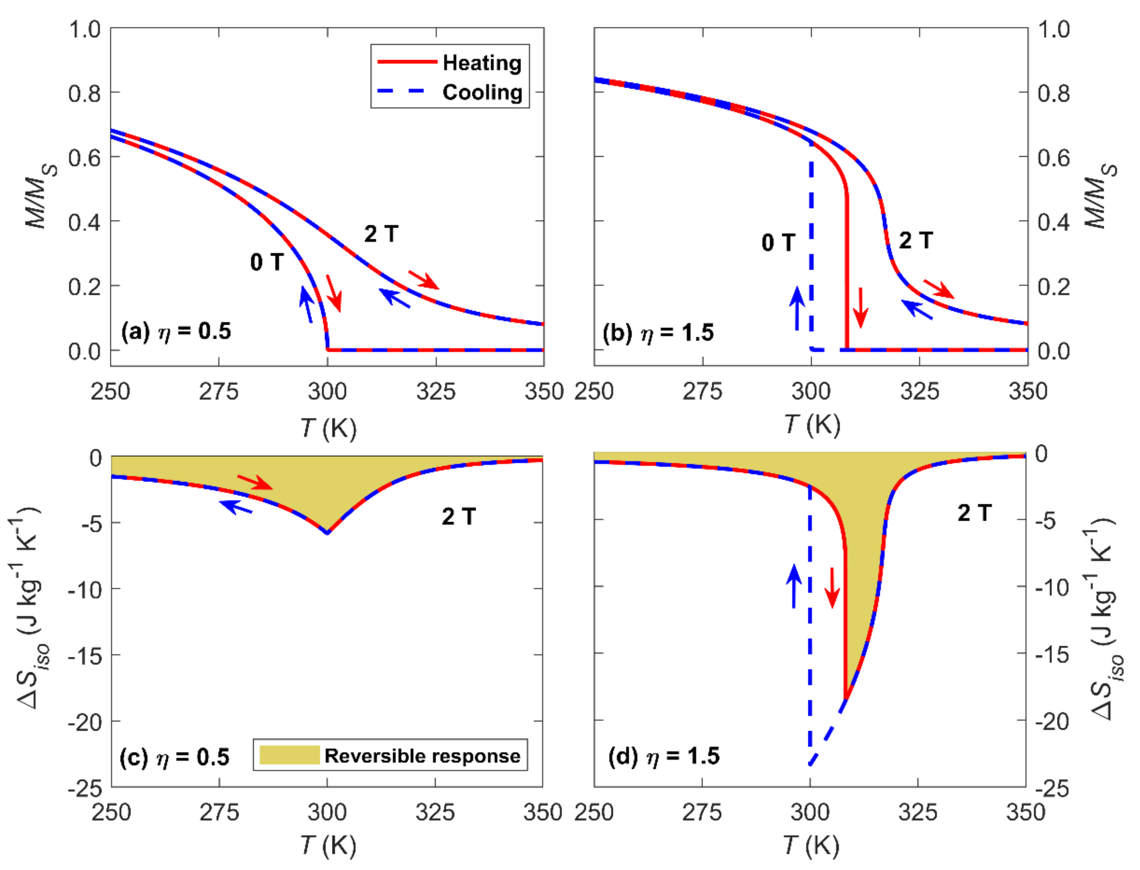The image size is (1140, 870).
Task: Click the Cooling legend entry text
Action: click(x=482, y=92)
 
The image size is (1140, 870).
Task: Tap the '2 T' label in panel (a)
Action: click(x=381, y=234)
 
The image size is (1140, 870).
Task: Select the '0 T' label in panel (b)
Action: click(x=778, y=242)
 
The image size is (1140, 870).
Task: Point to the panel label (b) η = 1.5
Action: click(x=658, y=332)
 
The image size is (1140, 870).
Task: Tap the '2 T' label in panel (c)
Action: click(x=458, y=516)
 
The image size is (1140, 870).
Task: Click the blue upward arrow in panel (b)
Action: click(x=797, y=309)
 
